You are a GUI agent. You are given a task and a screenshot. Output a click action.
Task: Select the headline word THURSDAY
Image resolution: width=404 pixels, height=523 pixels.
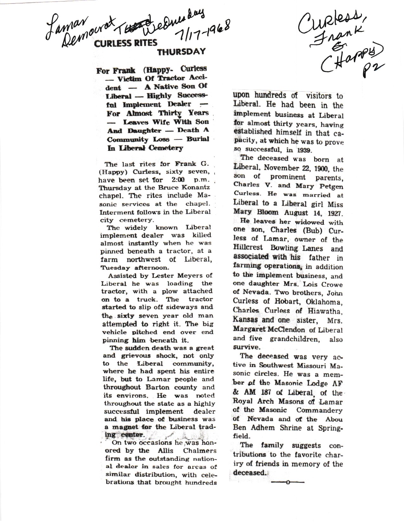tap(182, 52)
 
